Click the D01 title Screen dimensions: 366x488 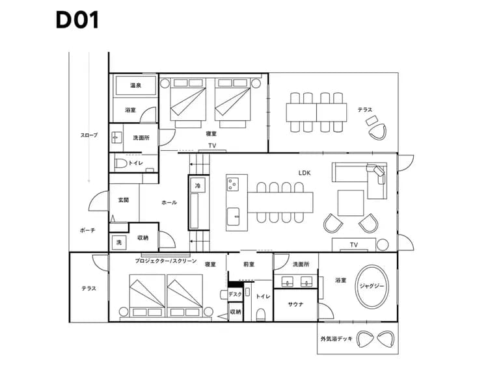pos(77,20)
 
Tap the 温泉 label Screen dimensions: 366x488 pos(136,85)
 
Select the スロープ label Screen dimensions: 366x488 pos(89,135)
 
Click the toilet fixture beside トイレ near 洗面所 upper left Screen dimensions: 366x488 pos(121,163)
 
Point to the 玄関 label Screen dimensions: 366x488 pos(123,200)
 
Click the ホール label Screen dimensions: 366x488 pos(169,203)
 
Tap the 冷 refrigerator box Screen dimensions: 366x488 pos(197,186)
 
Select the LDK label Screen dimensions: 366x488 pos(305,173)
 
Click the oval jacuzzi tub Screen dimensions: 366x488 pos(373,285)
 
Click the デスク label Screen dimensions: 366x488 pos(236,294)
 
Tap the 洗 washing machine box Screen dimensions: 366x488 pos(118,242)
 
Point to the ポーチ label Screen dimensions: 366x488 pos(87,230)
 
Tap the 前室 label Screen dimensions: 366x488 pos(249,264)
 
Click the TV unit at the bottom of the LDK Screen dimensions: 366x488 pos(353,244)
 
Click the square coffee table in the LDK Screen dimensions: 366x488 pos(350,202)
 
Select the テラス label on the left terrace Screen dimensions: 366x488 pos(89,288)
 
